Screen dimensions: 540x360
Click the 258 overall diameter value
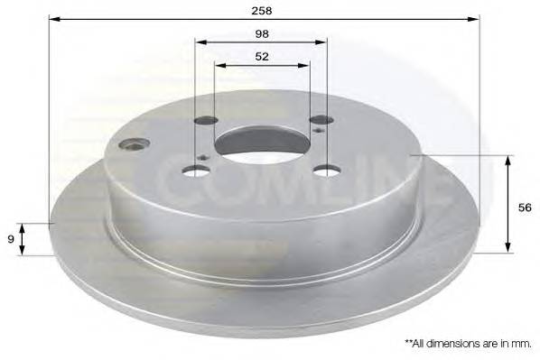point(262,11)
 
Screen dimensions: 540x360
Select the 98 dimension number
point(262,33)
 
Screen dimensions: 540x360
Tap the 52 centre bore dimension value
point(262,57)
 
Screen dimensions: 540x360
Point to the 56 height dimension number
point(525,208)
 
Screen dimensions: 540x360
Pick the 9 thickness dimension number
point(11,239)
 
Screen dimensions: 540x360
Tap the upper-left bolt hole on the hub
point(206,121)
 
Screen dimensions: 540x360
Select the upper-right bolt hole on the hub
point(321,119)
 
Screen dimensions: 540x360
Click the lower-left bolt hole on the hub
point(196,171)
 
